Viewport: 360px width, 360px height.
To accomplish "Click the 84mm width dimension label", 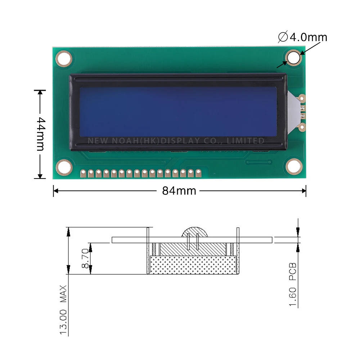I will [179, 191].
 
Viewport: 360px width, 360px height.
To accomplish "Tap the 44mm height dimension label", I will [40, 134].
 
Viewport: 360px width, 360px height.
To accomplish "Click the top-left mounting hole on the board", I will [64, 58].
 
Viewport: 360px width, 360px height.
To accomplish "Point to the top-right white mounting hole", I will [294, 58].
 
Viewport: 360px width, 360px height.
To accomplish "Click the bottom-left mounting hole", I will [64, 166].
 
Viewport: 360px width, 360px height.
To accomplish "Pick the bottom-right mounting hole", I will [294, 166].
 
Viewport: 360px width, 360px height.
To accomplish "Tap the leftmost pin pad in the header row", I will [83, 174].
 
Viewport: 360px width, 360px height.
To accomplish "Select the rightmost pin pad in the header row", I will [198, 174].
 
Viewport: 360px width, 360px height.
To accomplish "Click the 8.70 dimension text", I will [85, 258].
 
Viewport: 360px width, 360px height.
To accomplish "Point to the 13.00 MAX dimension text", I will [64, 310].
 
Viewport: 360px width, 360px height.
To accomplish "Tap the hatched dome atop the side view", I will [195, 232].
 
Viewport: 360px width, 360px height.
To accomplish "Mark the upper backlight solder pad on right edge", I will [302, 98].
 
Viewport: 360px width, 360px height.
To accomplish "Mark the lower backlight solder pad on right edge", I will [302, 126].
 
